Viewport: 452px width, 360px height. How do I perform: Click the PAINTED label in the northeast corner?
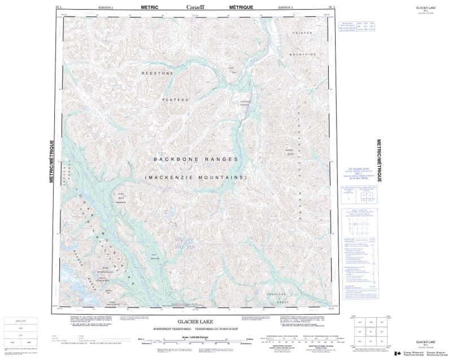click(x=303, y=34)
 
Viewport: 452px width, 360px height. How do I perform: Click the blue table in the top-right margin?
click(x=350, y=29)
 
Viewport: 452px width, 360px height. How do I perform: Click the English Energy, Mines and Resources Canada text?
click(x=408, y=352)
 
